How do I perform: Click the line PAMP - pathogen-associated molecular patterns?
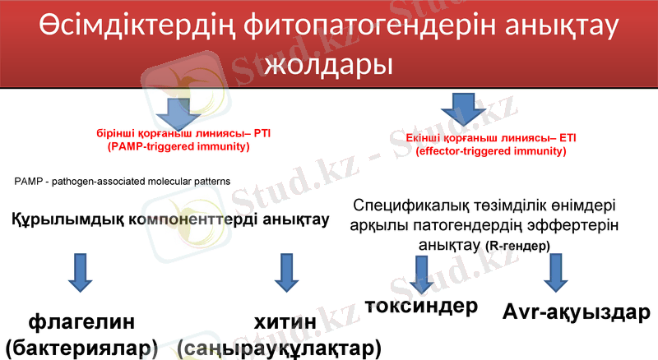click(x=122, y=180)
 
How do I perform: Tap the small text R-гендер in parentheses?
click(x=517, y=246)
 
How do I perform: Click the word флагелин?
click(x=81, y=320)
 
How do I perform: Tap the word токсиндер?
click(x=421, y=307)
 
